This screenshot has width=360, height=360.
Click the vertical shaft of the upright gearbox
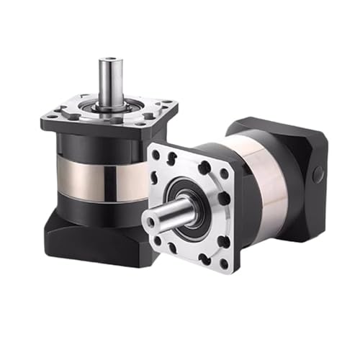click(x=109, y=79)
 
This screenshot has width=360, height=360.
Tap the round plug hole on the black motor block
click(x=318, y=173)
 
